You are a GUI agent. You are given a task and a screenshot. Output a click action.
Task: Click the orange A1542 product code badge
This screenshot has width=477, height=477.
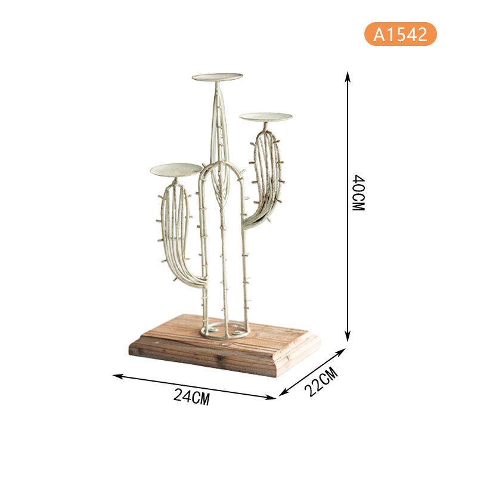click(400, 34)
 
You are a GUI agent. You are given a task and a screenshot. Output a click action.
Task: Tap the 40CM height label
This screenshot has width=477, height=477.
click(358, 193)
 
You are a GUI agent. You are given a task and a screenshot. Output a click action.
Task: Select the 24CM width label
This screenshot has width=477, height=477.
click(191, 397)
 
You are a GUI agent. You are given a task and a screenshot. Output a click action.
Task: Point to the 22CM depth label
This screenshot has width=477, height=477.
click(321, 382)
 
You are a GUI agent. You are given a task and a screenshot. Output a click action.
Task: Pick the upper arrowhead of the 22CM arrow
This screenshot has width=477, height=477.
click(341, 352)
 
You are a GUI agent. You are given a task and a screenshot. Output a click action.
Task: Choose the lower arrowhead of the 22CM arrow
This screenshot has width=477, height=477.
click(282, 393)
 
